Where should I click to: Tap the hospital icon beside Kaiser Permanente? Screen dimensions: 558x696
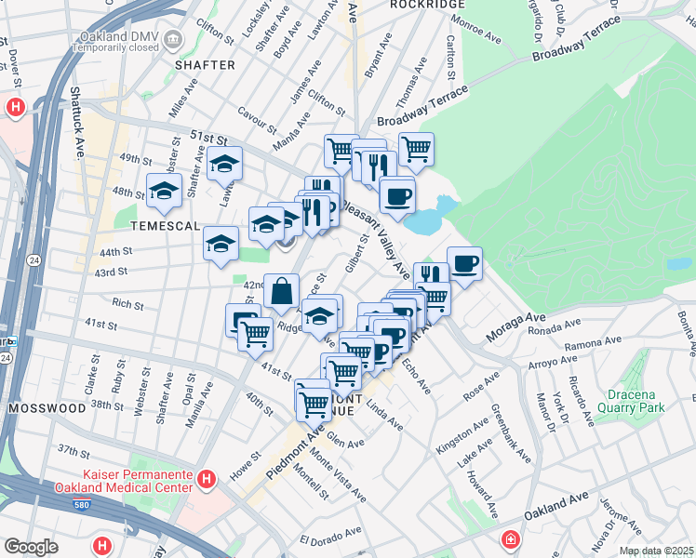(x=207, y=480)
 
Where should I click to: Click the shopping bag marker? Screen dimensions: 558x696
(x=281, y=290)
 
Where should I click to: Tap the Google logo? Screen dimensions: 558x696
(x=31, y=547)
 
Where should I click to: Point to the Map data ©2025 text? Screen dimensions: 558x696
(x=656, y=551)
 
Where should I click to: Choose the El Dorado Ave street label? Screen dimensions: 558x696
(x=330, y=538)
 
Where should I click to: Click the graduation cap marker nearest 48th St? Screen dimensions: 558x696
(x=164, y=191)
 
